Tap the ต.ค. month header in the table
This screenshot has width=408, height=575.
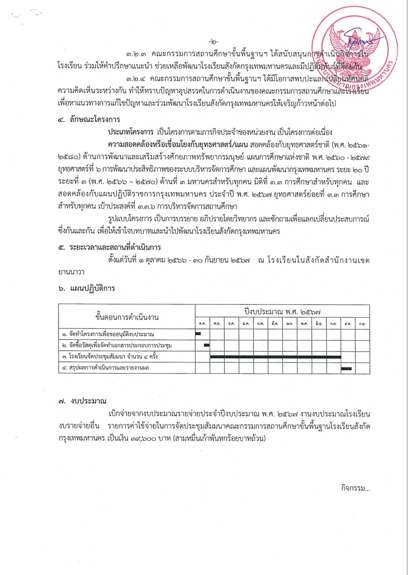click(x=203, y=323)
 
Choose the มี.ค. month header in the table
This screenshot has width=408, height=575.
click(x=275, y=323)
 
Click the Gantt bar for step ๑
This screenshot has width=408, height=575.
click(x=198, y=333)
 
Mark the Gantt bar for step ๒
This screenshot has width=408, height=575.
click(x=207, y=345)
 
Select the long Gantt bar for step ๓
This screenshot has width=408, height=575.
click(x=276, y=357)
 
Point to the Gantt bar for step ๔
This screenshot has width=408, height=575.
click(x=347, y=368)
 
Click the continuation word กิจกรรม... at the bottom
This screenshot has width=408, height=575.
click(x=355, y=488)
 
